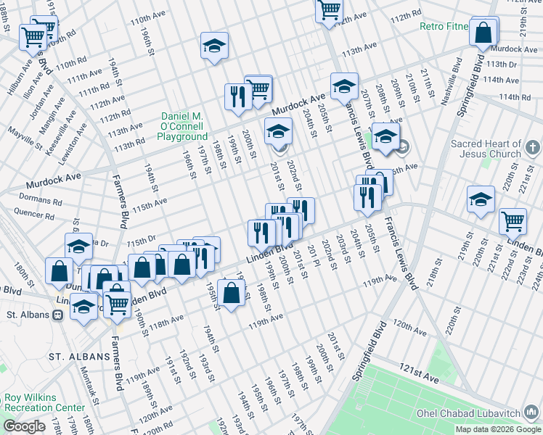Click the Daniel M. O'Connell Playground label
tap(183, 126)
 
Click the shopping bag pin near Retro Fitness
tap(483, 33)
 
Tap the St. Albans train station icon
tap(57, 315)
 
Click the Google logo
tap(24, 426)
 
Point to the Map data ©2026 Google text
tap(497, 429)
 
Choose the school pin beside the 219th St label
tap(481, 199)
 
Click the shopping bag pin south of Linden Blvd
tap(231, 294)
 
